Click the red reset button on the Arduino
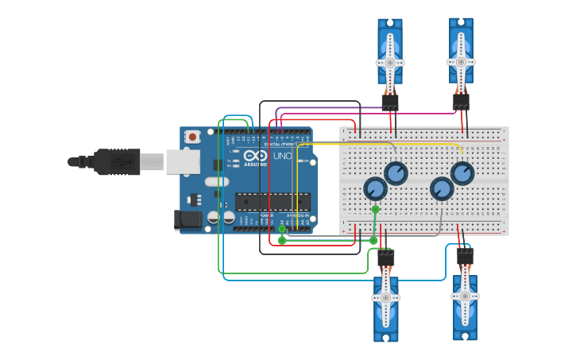pyautogui.click(x=192, y=137)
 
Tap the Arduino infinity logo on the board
pyautogui.click(x=254, y=157)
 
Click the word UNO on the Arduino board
pyautogui.click(x=282, y=157)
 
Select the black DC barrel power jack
pyautogui.click(x=187, y=219)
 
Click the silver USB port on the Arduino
pyautogui.click(x=182, y=161)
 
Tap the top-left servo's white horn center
pyautogui.click(x=389, y=62)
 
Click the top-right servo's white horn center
pyautogui.click(x=461, y=60)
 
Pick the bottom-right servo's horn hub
pyautogui.click(x=465, y=295)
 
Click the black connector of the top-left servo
pyautogui.click(x=389, y=103)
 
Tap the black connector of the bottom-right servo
pyautogui.click(x=465, y=257)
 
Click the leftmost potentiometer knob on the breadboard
pyautogui.click(x=375, y=188)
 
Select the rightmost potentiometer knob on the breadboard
pyautogui.click(x=462, y=172)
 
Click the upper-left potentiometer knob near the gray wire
pyautogui.click(x=396, y=172)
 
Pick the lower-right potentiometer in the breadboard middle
pyautogui.click(x=442, y=188)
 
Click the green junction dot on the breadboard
pyautogui.click(x=375, y=210)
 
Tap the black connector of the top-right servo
pyautogui.click(x=461, y=102)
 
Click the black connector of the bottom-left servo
pyautogui.click(x=385, y=258)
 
